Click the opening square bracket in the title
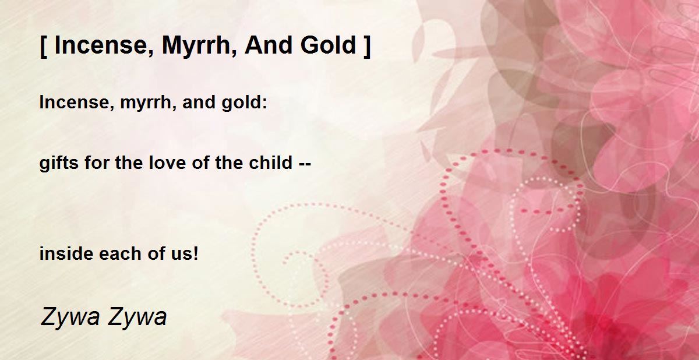[44, 46]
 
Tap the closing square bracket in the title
[367, 46]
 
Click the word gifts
[59, 163]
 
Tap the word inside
[66, 253]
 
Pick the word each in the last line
[120, 253]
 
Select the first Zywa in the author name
[70, 317]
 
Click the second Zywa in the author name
[137, 317]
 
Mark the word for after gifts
[97, 163]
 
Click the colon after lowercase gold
[265, 104]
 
